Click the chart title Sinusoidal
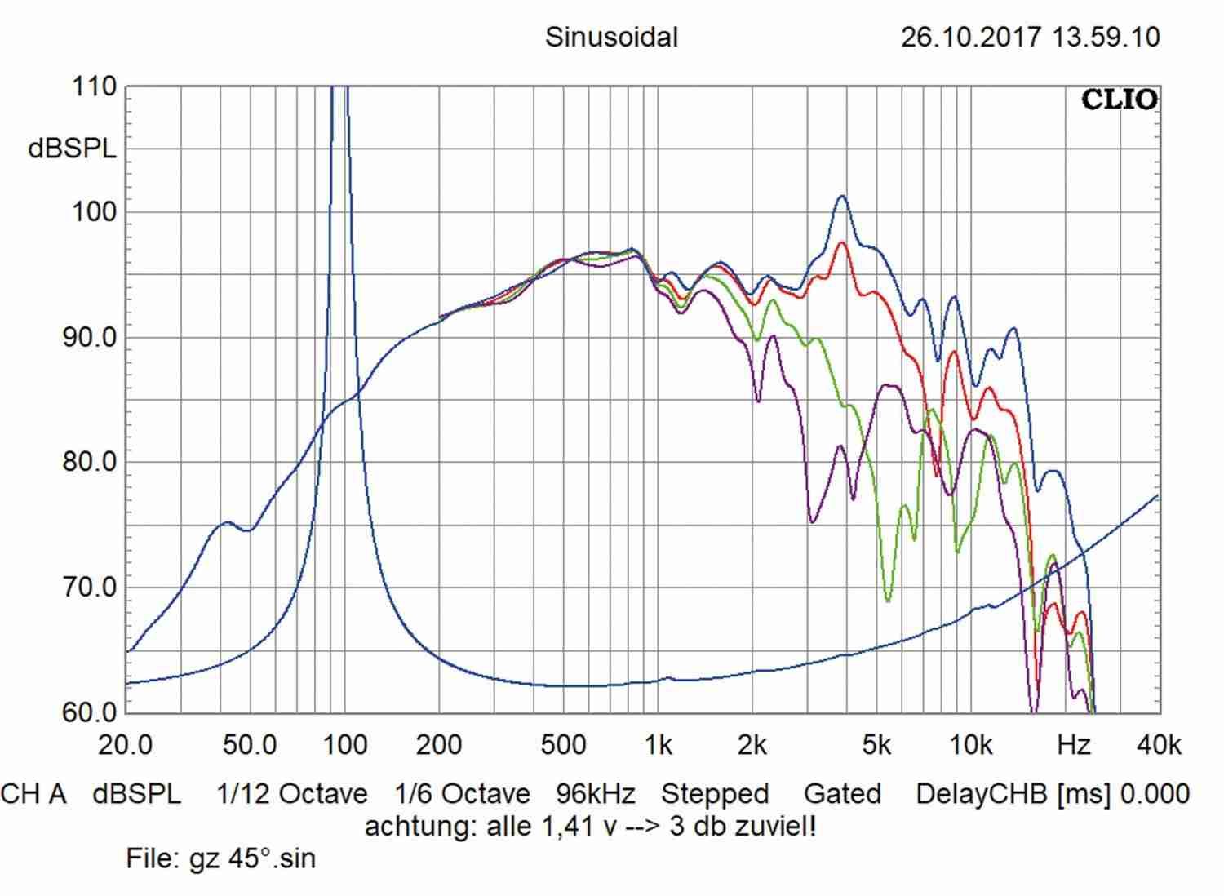(x=611, y=38)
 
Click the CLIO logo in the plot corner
(x=1119, y=100)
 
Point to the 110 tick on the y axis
(x=95, y=86)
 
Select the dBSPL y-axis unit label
(x=72, y=149)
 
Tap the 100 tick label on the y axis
(x=95, y=212)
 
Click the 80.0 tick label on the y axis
(x=90, y=462)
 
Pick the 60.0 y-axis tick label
(x=90, y=712)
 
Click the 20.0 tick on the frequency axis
(x=126, y=745)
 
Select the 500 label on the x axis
(x=563, y=745)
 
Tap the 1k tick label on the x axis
(x=658, y=745)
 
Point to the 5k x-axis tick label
(x=876, y=745)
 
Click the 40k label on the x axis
(x=1159, y=745)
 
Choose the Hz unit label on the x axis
(x=1073, y=745)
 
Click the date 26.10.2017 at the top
(x=971, y=38)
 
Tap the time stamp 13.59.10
(x=1106, y=38)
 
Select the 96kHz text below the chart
(x=596, y=794)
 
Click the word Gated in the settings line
(x=842, y=794)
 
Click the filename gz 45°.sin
(x=252, y=858)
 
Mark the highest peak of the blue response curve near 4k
(x=842, y=196)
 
